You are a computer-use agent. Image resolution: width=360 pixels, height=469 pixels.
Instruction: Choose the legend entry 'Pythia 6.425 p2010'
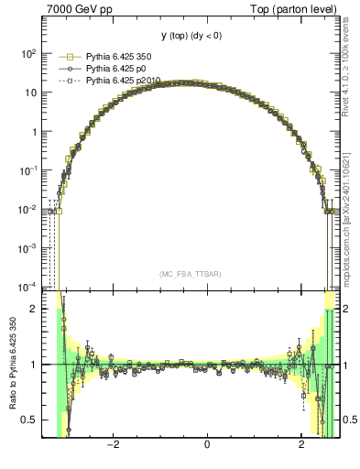(122, 81)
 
